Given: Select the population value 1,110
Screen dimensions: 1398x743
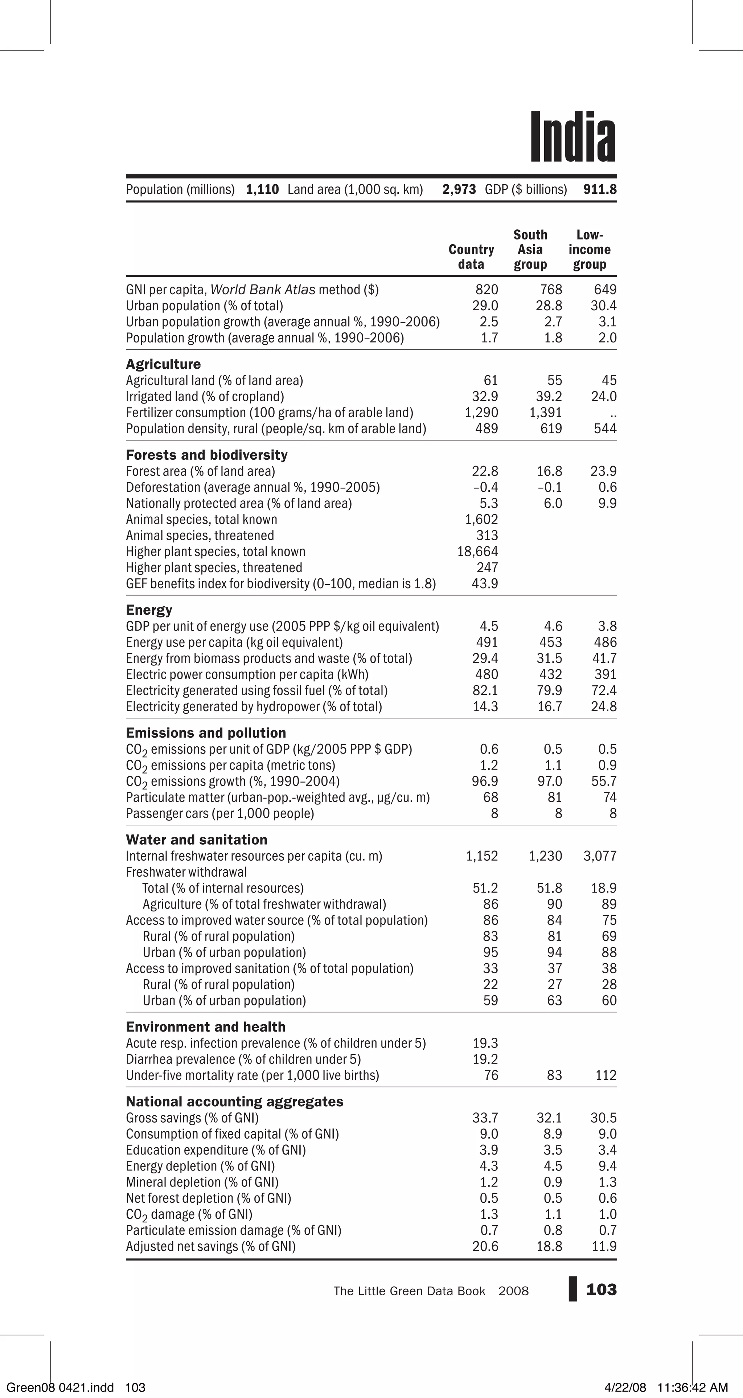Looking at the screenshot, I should tap(262, 189).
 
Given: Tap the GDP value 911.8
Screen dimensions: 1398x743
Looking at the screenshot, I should tap(600, 189).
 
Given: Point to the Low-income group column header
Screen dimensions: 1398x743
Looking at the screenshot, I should tap(590, 250).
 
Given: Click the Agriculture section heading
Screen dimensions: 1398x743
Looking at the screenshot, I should tap(163, 364).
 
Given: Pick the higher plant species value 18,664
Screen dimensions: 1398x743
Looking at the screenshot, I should tap(477, 552).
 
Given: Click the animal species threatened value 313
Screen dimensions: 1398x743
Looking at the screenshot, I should tap(487, 536).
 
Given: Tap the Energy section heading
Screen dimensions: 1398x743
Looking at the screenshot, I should tap(149, 610).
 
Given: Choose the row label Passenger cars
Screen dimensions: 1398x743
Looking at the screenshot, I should tap(220, 813).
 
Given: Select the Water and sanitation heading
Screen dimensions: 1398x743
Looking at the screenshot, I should tap(197, 840).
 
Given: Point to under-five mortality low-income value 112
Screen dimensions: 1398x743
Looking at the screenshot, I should tap(606, 1075).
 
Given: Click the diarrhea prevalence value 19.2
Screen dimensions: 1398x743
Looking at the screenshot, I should tap(485, 1059).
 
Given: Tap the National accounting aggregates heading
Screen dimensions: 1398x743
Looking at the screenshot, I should tap(234, 1101).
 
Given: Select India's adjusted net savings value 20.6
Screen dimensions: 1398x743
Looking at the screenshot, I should tap(485, 1246).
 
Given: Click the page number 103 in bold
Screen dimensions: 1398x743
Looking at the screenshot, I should tap(602, 1290).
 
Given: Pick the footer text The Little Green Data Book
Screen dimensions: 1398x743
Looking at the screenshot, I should tap(409, 1291).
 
